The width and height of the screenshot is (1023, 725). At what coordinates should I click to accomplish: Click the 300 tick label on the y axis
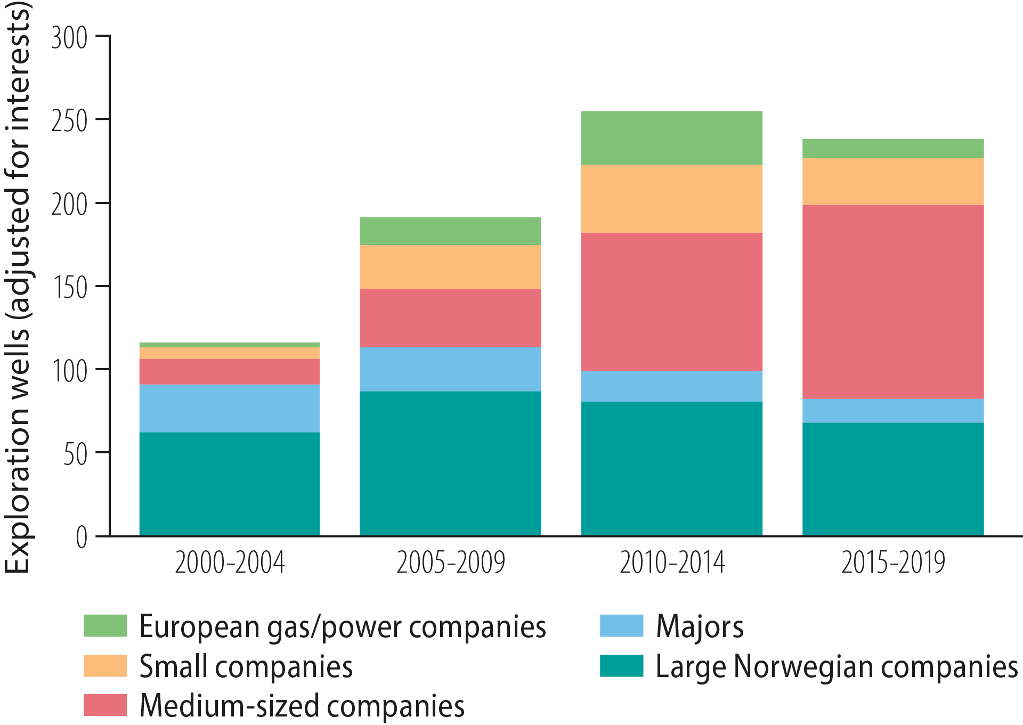[69, 38]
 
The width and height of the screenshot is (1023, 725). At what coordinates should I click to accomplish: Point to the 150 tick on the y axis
[69, 288]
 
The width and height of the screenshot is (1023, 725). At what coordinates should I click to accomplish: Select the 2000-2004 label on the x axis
[230, 563]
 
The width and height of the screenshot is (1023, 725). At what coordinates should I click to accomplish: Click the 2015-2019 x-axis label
[893, 563]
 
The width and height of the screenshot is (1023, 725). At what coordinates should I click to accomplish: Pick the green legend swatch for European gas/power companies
[105, 626]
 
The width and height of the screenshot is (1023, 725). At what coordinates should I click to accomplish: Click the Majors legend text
[700, 626]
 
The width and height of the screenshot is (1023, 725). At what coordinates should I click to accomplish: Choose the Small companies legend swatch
[105, 666]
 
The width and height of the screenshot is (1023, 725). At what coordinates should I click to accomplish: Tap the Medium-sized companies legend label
[302, 706]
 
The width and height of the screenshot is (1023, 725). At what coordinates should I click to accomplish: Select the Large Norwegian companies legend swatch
[621, 666]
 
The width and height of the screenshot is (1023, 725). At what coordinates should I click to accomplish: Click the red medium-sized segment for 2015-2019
[893, 302]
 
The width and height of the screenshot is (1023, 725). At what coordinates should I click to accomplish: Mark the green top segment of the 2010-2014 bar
[671, 137]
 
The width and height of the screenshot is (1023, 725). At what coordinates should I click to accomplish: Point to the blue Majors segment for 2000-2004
[230, 408]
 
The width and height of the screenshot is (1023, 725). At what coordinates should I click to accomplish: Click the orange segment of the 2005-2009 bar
[450, 267]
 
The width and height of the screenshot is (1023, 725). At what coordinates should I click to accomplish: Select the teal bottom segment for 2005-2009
[450, 463]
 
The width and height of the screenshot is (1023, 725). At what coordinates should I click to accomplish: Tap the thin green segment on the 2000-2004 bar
[230, 345]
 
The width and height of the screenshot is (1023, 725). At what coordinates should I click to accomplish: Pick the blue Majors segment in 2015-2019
[893, 411]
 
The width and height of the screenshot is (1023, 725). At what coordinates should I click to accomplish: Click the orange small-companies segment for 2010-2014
[671, 199]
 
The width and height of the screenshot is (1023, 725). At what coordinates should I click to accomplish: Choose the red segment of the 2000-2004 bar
[230, 371]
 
